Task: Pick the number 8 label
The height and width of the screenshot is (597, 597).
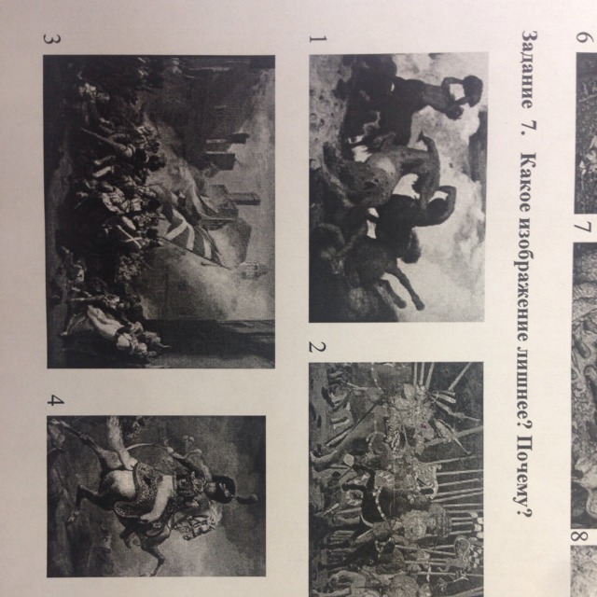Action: pos(578,537)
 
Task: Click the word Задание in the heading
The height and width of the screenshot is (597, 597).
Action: pos(528,70)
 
